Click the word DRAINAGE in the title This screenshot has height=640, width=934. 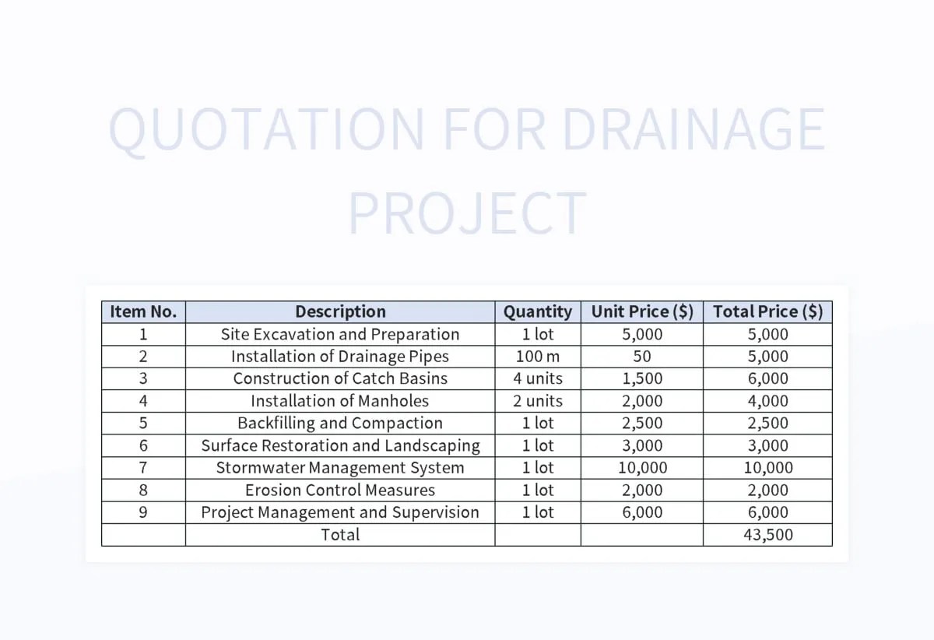click(x=693, y=129)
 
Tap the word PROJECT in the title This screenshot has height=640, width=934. click(x=466, y=213)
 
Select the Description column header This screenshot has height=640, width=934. click(x=340, y=312)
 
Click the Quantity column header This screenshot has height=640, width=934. click(x=537, y=312)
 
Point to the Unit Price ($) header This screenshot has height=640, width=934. click(x=642, y=312)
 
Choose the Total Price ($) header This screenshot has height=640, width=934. click(x=767, y=312)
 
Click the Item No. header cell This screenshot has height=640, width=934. click(x=143, y=312)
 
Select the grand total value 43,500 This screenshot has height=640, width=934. click(x=767, y=535)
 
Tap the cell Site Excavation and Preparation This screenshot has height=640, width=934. click(x=340, y=335)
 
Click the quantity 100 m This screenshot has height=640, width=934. click(x=537, y=357)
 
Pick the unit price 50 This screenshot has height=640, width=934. click(x=642, y=357)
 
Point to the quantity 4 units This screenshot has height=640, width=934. click(x=537, y=379)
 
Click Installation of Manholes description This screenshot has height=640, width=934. click(x=340, y=402)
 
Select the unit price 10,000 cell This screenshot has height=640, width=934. click(x=642, y=469)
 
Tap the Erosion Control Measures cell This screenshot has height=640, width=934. click(x=340, y=491)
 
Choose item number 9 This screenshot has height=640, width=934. click(x=143, y=513)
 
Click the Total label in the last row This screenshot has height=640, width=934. click(x=340, y=535)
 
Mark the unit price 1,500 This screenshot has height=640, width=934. click(x=642, y=379)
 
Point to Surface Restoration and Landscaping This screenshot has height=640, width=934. click(x=340, y=446)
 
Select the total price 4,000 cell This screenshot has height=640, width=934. click(x=767, y=402)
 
